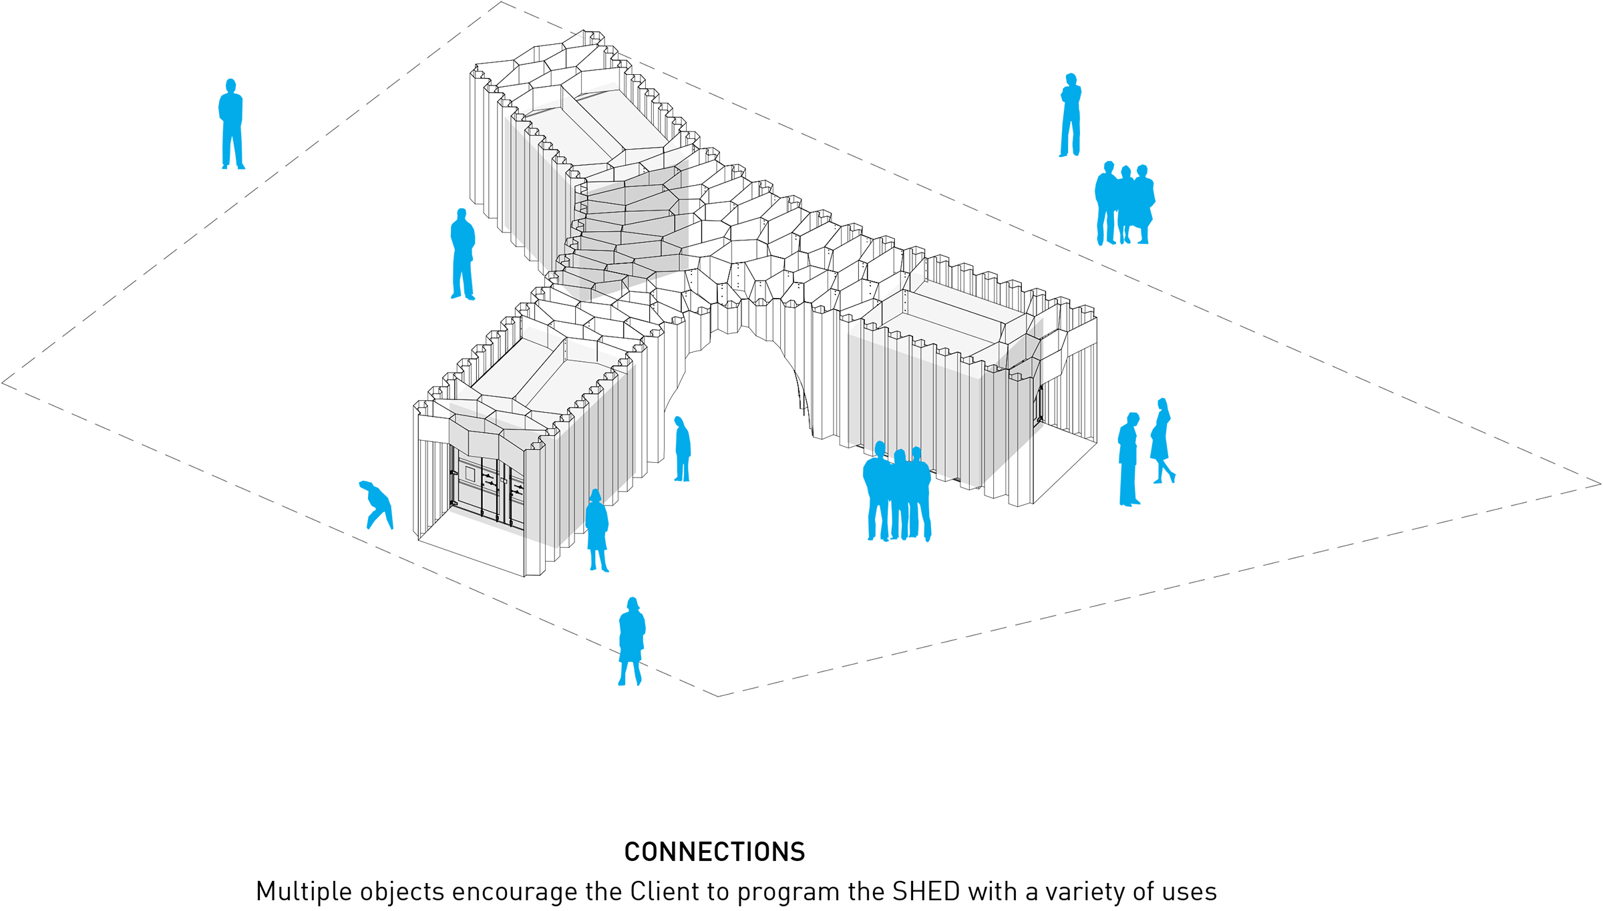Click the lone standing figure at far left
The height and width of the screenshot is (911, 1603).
click(x=231, y=125)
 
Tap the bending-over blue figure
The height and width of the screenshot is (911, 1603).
click(x=377, y=505)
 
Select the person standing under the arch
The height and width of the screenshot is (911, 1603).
click(x=682, y=449)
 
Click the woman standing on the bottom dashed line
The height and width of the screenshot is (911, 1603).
click(x=631, y=641)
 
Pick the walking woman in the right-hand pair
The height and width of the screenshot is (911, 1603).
click(x=1162, y=441)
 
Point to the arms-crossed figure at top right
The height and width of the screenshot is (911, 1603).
click(x=1070, y=115)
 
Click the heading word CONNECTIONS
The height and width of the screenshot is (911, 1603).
click(x=715, y=852)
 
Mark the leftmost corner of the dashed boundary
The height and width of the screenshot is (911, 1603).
click(x=3, y=383)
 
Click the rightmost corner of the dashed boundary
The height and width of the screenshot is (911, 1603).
click(x=1600, y=484)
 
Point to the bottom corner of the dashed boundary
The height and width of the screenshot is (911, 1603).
click(x=718, y=696)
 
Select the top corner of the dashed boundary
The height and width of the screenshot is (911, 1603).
click(x=501, y=2)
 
